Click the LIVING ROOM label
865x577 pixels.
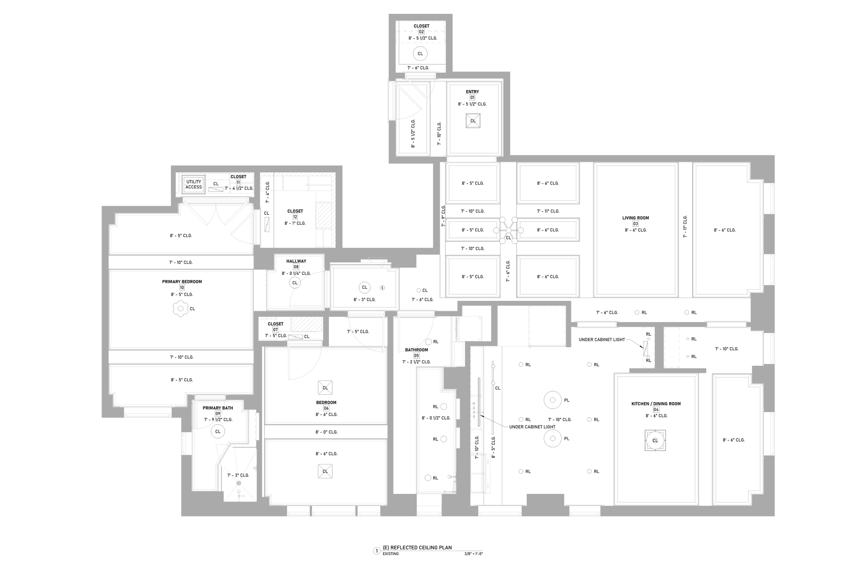[x=635, y=218]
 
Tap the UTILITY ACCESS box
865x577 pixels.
[x=193, y=184]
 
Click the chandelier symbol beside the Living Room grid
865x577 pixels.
[x=509, y=230]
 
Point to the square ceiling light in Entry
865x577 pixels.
[x=473, y=121]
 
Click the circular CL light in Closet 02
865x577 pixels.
[x=420, y=54]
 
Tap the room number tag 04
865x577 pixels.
[x=656, y=409]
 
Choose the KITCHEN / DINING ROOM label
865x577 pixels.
[x=656, y=403]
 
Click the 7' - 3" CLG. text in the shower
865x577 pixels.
[x=238, y=475]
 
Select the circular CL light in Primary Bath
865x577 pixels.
[x=218, y=432]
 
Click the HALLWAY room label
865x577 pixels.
[x=296, y=261]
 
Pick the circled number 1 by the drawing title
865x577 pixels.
[x=377, y=551]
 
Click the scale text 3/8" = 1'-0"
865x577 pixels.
[x=473, y=554]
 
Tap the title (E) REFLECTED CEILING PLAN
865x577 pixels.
[x=417, y=548]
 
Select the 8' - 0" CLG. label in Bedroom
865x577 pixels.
[x=326, y=432]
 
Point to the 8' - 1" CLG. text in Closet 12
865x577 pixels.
[x=295, y=223]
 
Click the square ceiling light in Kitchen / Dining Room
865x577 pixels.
[x=655, y=440]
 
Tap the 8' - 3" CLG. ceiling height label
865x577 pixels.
[x=364, y=300]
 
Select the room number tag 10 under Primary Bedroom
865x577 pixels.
[x=182, y=287]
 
